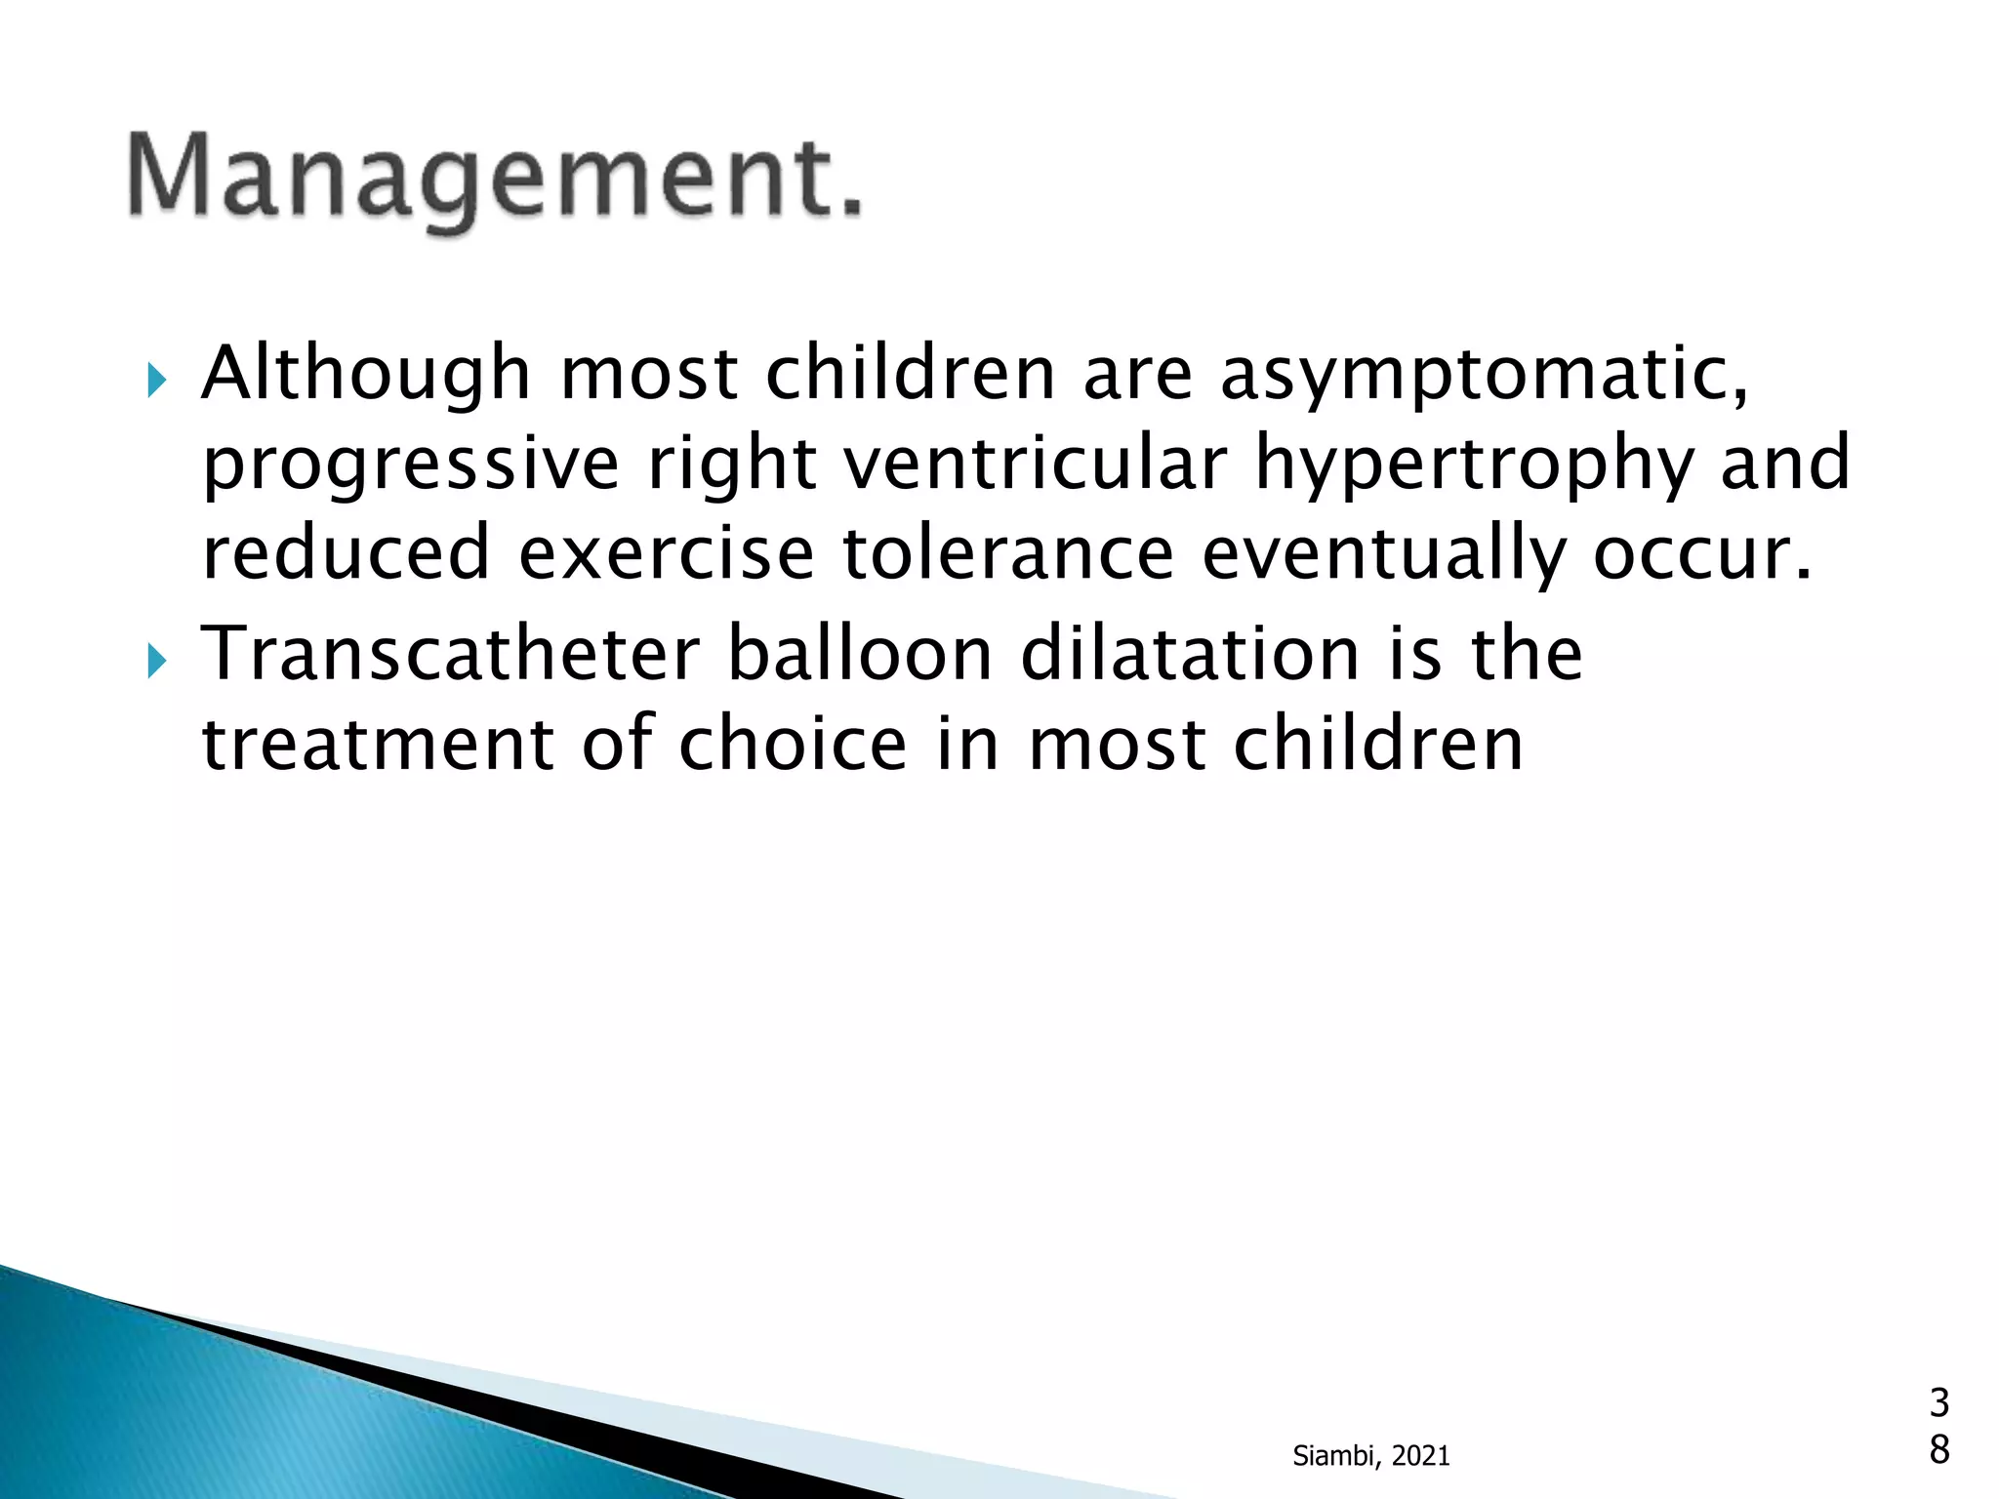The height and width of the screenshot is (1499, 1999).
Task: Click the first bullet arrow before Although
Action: pyautogui.click(x=156, y=381)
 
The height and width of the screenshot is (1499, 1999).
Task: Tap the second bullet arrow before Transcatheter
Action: pyautogui.click(x=156, y=663)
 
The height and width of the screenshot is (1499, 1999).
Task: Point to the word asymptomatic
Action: pyautogui.click(x=1485, y=377)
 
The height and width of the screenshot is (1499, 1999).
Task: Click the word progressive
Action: pyautogui.click(x=411, y=466)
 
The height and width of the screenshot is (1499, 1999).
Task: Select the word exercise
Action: pyautogui.click(x=666, y=552)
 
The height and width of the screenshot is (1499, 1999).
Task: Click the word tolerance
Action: pyautogui.click(x=1008, y=552)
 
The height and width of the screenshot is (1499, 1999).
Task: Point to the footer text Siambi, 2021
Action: pyautogui.click(x=1370, y=1456)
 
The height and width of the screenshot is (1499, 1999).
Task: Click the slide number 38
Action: pyautogui.click(x=1938, y=1426)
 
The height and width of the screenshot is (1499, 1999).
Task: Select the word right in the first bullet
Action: pyautogui.click(x=732, y=466)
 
